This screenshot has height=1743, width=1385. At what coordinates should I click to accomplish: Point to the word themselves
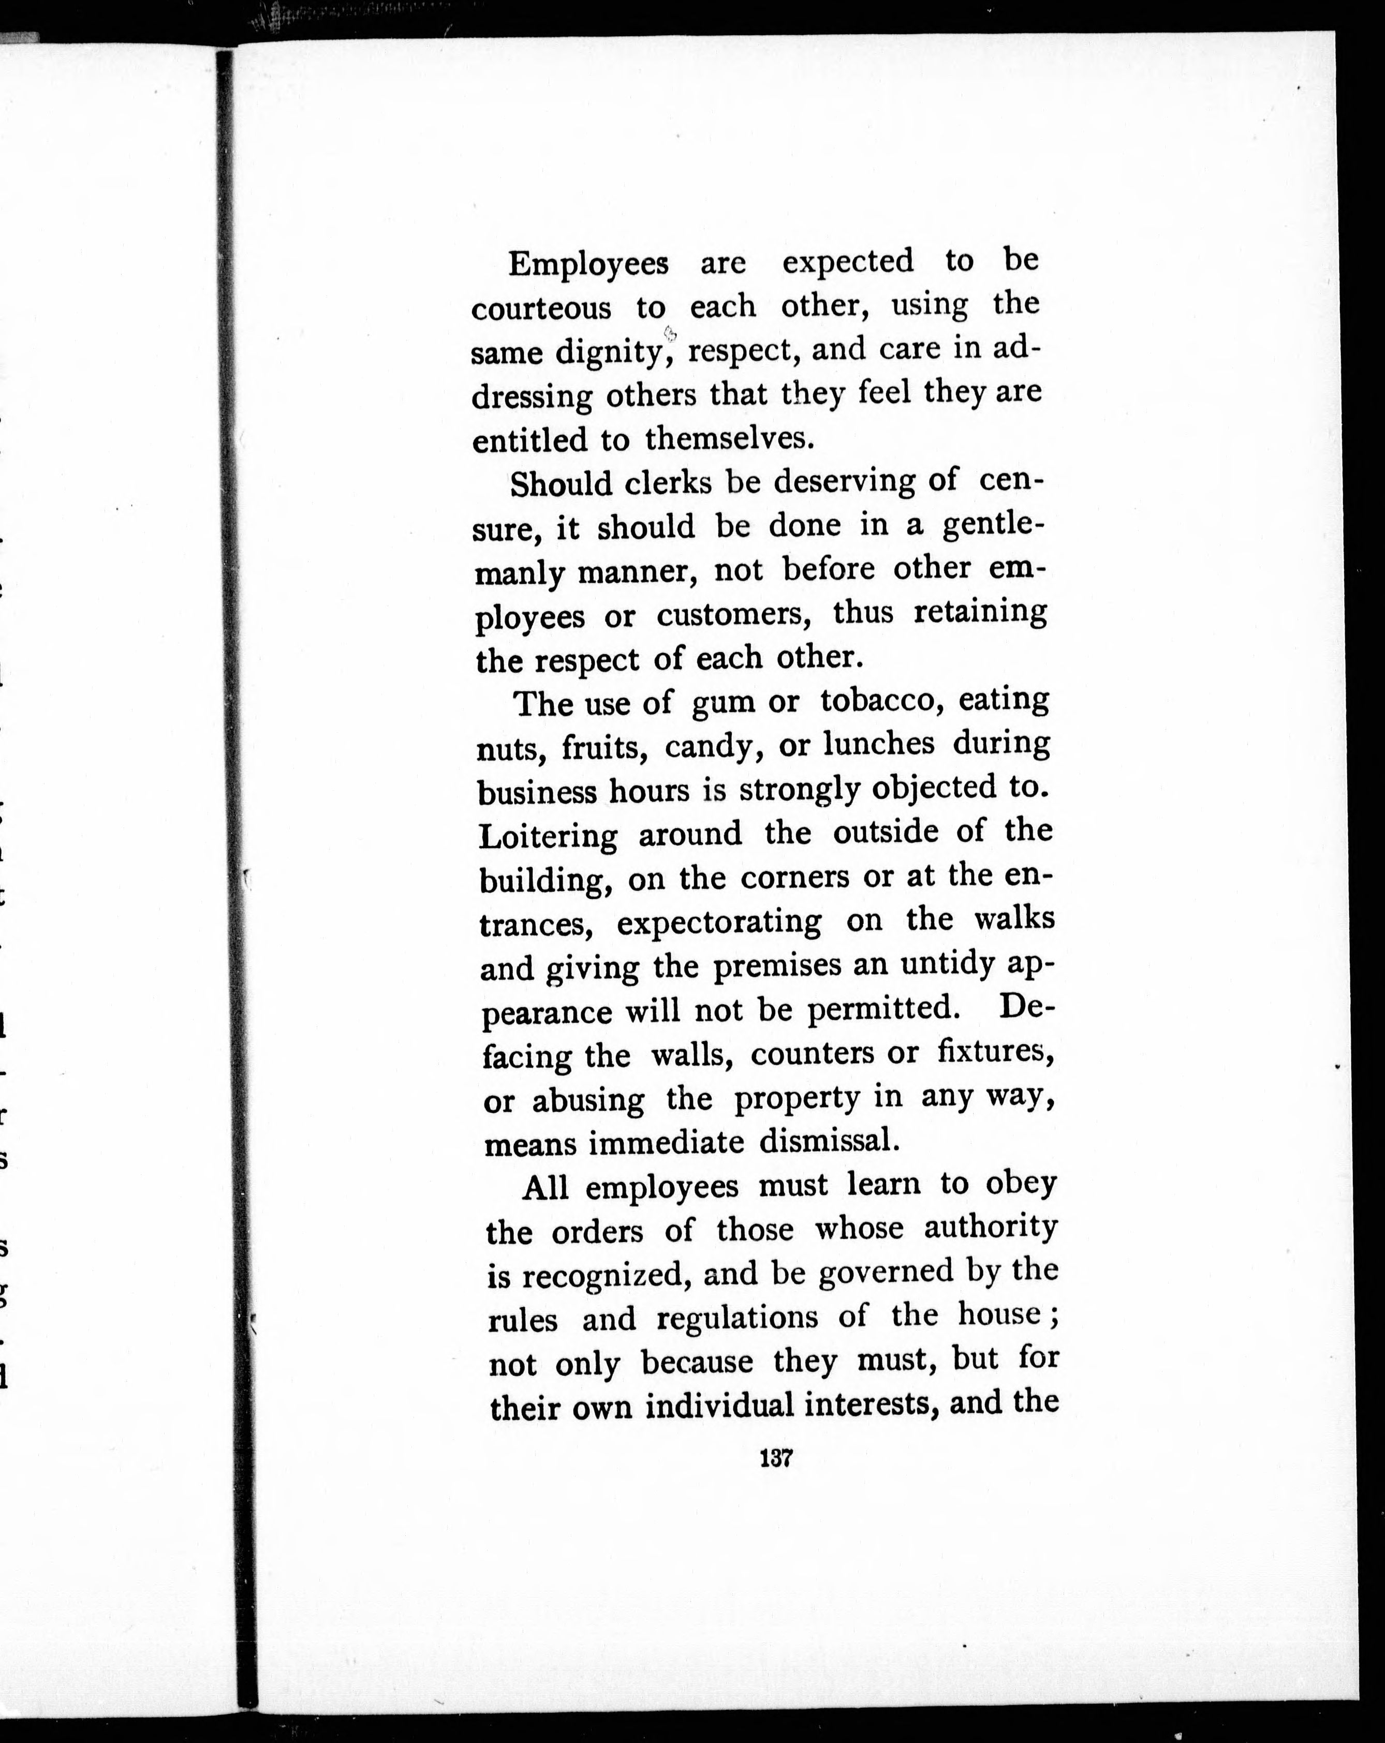coord(726,438)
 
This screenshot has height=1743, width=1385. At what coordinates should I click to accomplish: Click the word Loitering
coord(548,836)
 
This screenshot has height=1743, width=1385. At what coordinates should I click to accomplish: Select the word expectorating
coord(719,922)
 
